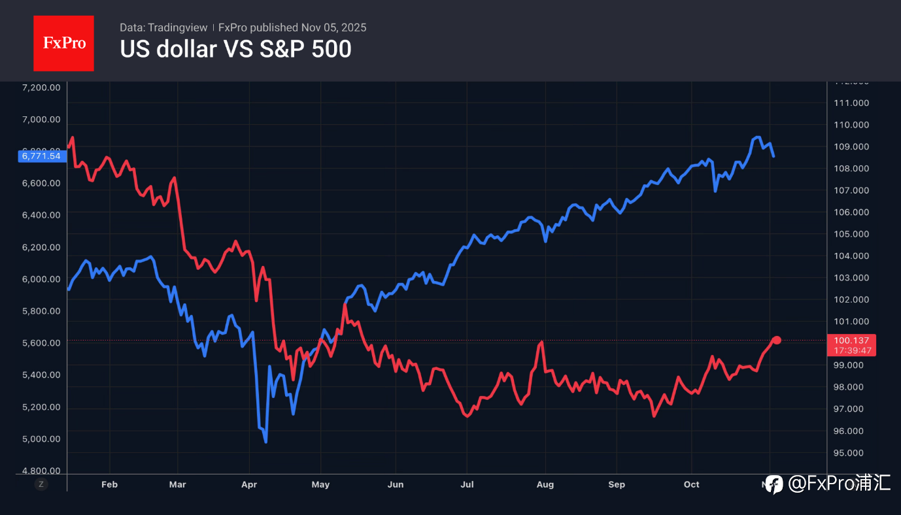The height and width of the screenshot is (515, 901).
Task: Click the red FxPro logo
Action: tap(63, 43)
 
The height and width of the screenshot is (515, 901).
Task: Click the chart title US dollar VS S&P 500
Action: tap(235, 49)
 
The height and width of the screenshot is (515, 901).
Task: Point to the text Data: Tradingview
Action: tap(163, 27)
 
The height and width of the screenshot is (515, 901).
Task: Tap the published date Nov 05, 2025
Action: tap(333, 27)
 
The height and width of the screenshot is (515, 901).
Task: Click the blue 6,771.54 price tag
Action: tap(41, 156)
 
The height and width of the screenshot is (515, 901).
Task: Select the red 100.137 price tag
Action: tap(851, 341)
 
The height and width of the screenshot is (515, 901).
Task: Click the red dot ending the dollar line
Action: tap(777, 340)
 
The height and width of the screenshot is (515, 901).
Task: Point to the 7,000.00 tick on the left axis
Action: tap(41, 120)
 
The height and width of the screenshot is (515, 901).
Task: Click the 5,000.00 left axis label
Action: tap(41, 439)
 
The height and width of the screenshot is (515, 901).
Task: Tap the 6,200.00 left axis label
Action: tap(41, 247)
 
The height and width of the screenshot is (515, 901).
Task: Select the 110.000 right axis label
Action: tap(851, 125)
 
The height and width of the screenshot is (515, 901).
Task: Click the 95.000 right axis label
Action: tap(851, 453)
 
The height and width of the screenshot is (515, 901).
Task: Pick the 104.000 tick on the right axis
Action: tap(851, 256)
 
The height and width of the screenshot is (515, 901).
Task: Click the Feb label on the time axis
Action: tap(110, 484)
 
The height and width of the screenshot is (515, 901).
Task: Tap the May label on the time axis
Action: tap(320, 484)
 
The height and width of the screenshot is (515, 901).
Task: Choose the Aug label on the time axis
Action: tap(545, 484)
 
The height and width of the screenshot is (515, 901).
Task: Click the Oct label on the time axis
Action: tap(691, 484)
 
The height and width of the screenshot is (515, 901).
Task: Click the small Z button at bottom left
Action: tap(41, 484)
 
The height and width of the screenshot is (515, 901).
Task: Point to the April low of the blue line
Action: tap(265, 442)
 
